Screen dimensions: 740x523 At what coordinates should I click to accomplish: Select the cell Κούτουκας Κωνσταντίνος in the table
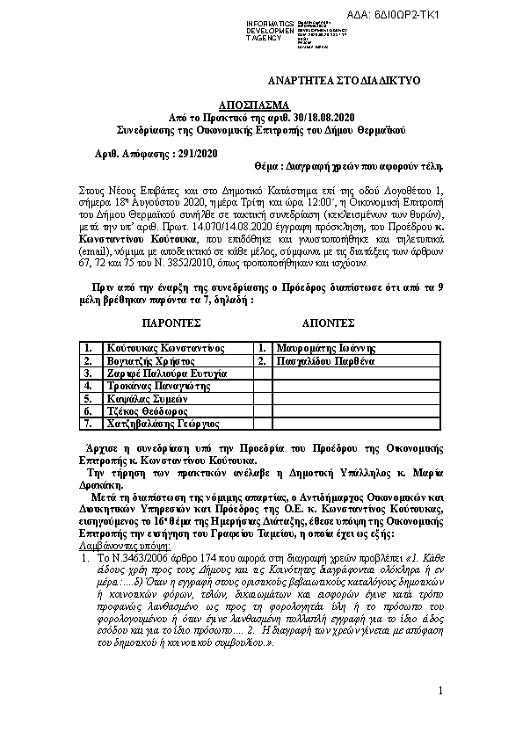coord(164,348)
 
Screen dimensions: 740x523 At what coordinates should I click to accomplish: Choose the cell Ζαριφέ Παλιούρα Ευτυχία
coord(166,374)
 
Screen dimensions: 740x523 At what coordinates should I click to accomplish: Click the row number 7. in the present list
coord(88,424)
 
